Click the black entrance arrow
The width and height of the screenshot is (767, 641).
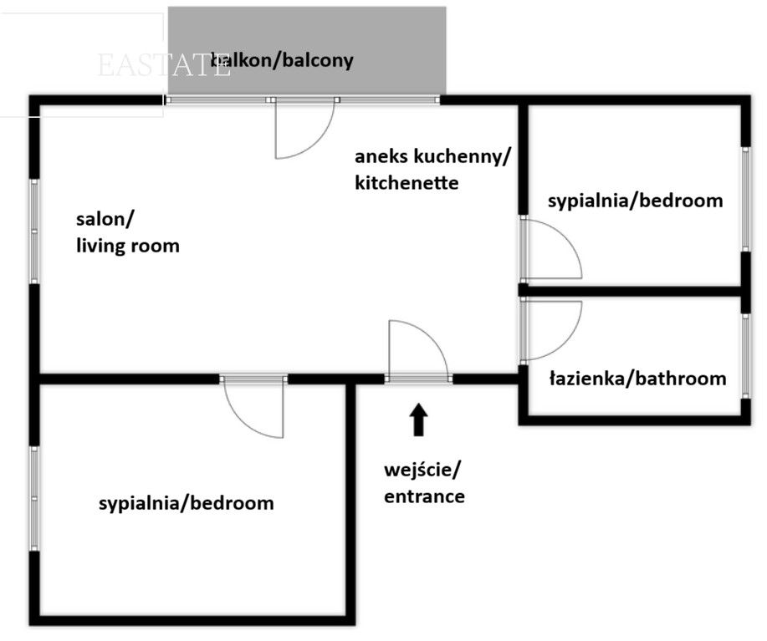[x=419, y=420]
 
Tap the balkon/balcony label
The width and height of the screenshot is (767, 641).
[x=282, y=60]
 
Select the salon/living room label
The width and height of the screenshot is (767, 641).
[x=127, y=232]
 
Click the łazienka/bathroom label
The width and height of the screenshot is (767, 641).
[x=637, y=379]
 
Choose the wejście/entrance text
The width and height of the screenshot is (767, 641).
[x=424, y=483]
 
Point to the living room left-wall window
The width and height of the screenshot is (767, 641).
[x=34, y=231]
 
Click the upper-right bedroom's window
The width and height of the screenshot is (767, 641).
[x=745, y=199]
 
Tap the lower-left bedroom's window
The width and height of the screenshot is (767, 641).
[x=34, y=498]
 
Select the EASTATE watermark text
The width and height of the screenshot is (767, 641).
[x=164, y=65]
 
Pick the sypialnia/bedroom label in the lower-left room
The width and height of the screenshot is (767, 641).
[x=186, y=504]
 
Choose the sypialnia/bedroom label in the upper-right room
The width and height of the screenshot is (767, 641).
[x=635, y=201]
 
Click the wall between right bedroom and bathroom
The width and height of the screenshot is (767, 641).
[x=631, y=292]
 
